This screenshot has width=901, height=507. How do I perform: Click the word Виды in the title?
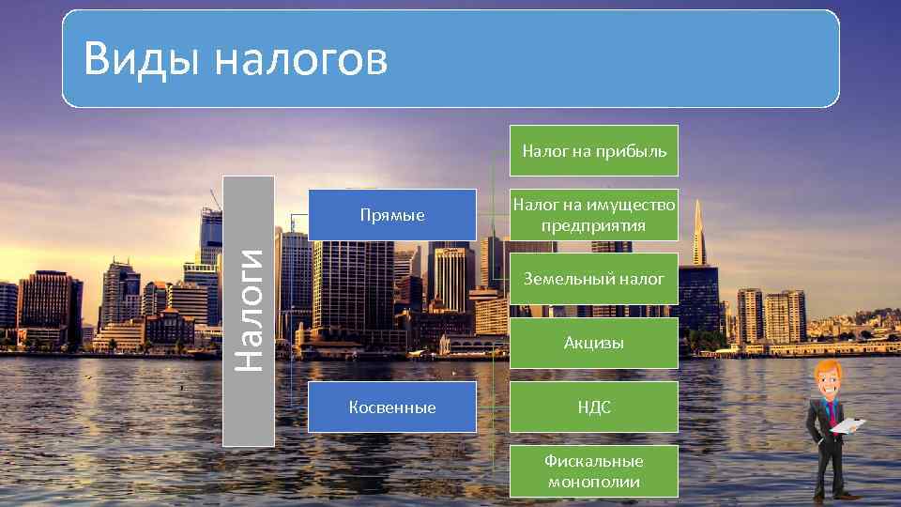[x=140, y=58]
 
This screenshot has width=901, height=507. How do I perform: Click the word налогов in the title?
[x=299, y=60]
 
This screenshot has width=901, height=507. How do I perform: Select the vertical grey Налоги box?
[x=249, y=311]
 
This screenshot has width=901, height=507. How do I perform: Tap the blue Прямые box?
[x=391, y=215]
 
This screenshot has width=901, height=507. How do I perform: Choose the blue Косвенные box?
[x=391, y=407]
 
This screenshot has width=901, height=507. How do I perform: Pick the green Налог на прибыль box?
[x=593, y=150]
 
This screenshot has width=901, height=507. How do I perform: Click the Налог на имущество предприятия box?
[x=593, y=215]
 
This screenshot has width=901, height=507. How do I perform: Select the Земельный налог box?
[x=593, y=279]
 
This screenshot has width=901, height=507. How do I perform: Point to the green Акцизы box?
[x=593, y=343]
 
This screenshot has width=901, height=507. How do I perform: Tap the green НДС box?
[x=593, y=407]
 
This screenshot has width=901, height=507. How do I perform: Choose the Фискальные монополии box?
[x=593, y=471]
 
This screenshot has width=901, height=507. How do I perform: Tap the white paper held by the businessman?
[x=848, y=426]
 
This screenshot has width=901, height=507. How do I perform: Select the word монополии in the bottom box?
[x=593, y=482]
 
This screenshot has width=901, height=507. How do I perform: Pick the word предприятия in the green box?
[x=593, y=225]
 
